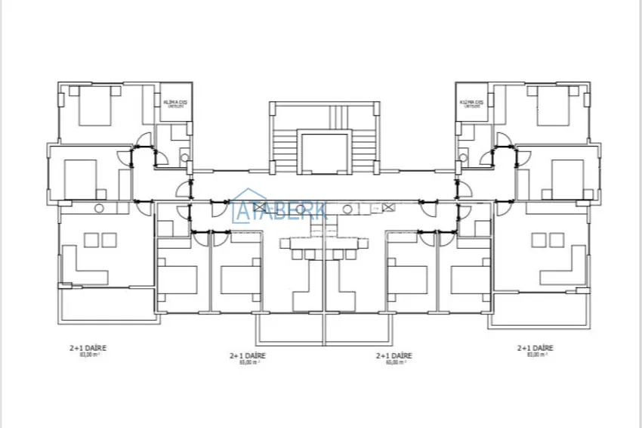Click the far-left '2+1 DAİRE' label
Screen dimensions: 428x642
coord(88,348)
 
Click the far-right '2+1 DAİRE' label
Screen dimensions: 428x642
coord(536,348)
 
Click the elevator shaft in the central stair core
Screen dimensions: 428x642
coord(324,152)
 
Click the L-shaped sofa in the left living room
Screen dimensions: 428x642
coord(83,265)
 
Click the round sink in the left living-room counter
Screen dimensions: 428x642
coord(99,208)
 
